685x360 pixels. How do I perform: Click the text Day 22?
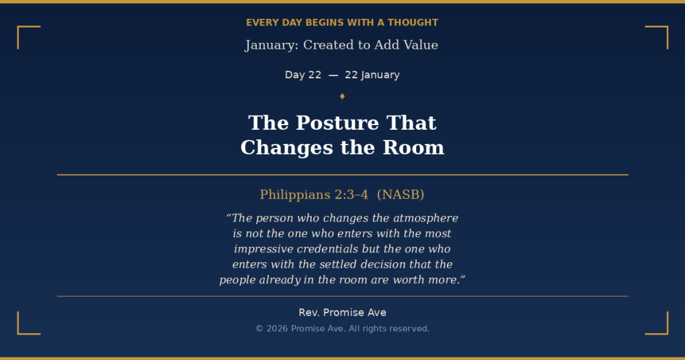pos(303,75)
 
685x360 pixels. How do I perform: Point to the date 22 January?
pos(372,75)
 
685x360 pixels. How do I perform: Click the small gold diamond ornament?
pos(342,96)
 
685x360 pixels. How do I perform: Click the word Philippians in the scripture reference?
pos(295,195)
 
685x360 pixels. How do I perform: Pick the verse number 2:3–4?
pos(351,195)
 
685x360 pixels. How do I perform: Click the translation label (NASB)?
pos(401,195)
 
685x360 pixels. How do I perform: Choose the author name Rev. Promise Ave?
pos(342,312)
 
